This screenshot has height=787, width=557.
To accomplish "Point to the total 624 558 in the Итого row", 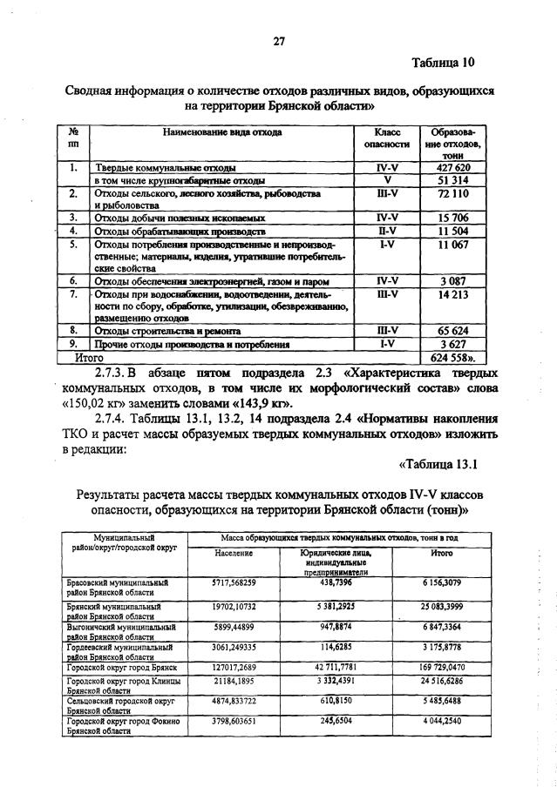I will pyautogui.click(x=454, y=357).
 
